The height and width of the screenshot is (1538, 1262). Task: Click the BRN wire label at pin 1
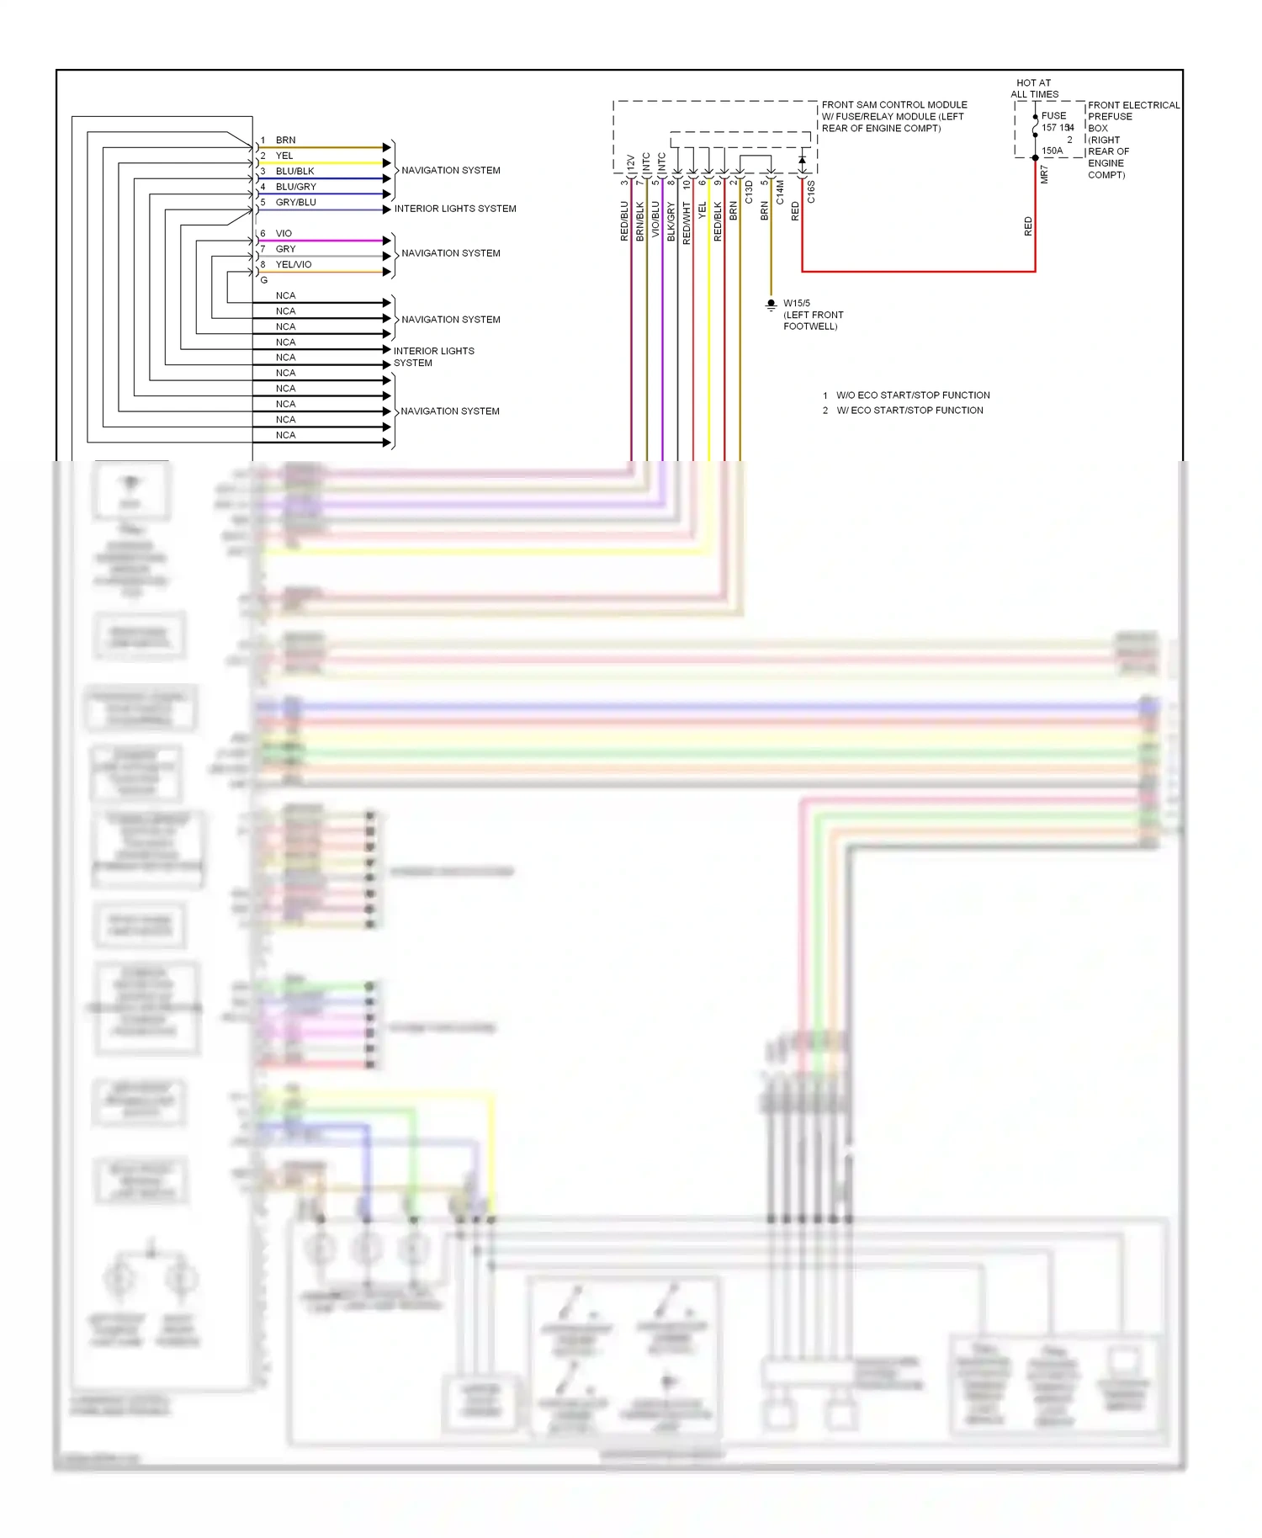(x=285, y=140)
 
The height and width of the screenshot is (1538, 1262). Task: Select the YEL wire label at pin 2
(x=284, y=156)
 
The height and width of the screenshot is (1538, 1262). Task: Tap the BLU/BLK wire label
(x=294, y=171)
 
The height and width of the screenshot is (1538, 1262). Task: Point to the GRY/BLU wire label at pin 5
(x=295, y=202)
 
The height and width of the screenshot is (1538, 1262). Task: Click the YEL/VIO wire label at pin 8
(x=293, y=264)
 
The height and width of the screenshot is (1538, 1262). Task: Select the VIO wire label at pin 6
(x=284, y=233)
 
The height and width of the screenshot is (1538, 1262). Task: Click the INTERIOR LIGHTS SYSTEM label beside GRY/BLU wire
(x=454, y=209)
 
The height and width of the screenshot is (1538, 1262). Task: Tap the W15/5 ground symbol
(x=771, y=305)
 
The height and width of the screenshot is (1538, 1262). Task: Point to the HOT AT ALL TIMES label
(x=1034, y=88)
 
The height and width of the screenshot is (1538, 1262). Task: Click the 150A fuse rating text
(x=1052, y=151)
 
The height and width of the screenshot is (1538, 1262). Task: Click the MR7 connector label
(x=1044, y=174)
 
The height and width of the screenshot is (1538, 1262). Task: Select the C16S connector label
(x=811, y=192)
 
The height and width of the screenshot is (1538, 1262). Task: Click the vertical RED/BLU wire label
(x=624, y=221)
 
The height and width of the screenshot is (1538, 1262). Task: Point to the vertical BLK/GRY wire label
(x=671, y=221)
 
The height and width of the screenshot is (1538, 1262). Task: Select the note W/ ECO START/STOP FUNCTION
(x=909, y=411)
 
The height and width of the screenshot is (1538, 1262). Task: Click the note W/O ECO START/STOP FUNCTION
(x=912, y=395)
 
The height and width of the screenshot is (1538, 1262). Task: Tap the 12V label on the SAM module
(x=630, y=162)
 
